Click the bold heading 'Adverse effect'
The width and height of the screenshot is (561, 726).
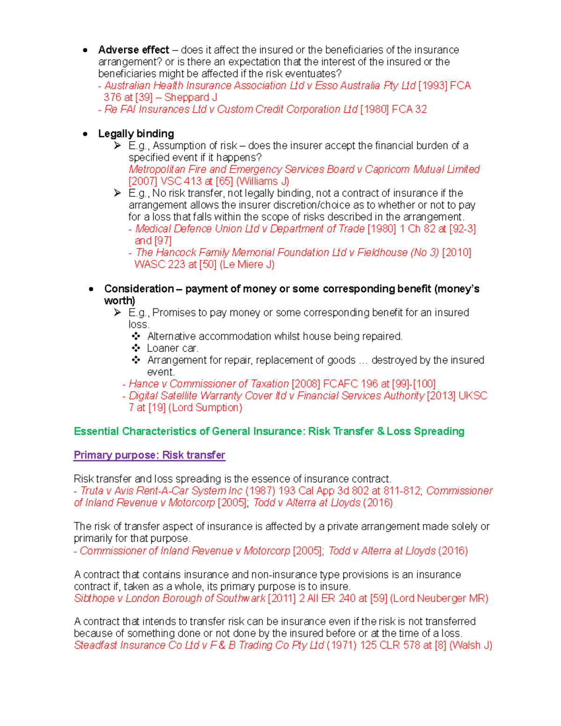[x=133, y=50]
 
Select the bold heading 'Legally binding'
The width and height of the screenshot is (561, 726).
[x=136, y=134]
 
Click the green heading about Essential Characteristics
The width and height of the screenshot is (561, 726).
[x=269, y=431]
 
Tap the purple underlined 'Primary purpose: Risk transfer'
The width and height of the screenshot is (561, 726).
[x=149, y=455]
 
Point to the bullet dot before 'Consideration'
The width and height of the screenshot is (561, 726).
[x=91, y=289]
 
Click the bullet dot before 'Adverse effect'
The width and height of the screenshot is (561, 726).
[x=85, y=50]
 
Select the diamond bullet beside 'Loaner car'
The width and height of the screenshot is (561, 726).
[x=136, y=348]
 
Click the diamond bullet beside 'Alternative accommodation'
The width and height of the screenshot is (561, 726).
[x=136, y=336]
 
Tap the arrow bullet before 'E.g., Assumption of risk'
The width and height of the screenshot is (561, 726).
[x=117, y=146]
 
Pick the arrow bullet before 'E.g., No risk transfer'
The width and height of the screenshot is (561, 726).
[x=117, y=193]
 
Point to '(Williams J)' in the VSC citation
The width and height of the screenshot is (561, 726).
[x=262, y=181]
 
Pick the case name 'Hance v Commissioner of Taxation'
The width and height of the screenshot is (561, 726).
[x=209, y=384]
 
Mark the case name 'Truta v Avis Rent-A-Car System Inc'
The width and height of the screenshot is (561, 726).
[x=161, y=491]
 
